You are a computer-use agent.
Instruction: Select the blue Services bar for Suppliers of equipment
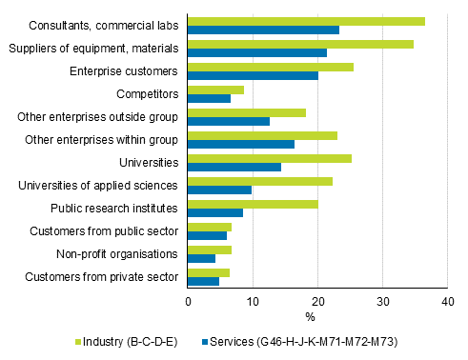coord(257,52)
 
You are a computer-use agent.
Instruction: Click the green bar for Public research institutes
coord(253,204)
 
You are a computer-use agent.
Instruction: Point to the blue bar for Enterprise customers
coord(253,75)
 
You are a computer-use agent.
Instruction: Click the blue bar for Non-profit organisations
coord(201,258)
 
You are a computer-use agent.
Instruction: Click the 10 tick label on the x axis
coord(253,301)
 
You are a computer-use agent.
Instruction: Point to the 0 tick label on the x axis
coord(188,301)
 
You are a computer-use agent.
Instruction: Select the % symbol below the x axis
coord(310,316)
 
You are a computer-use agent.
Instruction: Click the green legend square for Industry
coord(79,340)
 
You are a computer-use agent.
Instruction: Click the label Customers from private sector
coord(104,276)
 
